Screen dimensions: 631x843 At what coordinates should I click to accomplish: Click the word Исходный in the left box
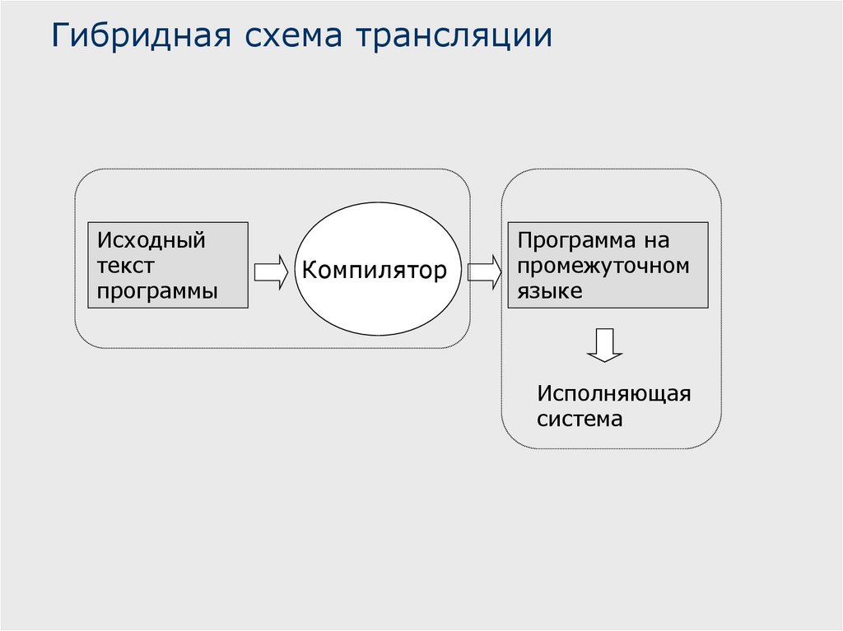151,241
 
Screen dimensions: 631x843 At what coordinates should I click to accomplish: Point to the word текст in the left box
125,266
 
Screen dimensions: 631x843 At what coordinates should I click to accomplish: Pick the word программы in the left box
157,291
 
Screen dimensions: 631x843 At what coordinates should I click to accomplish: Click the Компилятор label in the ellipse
374,270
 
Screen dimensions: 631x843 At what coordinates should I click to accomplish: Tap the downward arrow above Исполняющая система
604,345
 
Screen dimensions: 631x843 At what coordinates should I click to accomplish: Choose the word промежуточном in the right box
603,266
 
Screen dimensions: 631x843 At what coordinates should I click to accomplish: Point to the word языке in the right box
549,290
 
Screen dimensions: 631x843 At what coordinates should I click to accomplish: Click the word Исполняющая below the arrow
613,393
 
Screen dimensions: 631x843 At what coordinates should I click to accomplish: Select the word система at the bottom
580,419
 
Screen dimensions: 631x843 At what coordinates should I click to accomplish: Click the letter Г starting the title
61,37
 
